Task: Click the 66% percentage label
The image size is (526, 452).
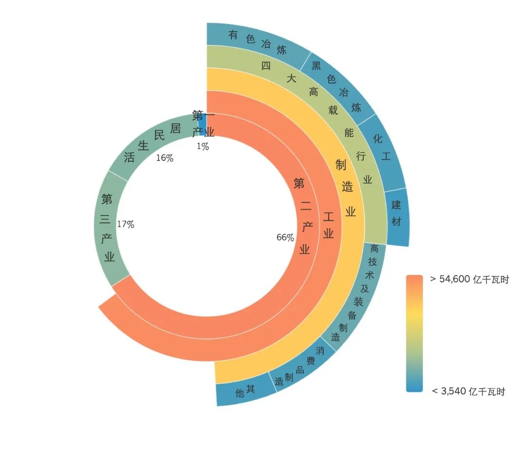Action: pyautogui.click(x=285, y=237)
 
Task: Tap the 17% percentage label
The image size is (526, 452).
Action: pyautogui.click(x=125, y=225)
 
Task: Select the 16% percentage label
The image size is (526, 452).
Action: pyautogui.click(x=164, y=158)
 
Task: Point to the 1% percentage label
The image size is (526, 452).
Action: pyautogui.click(x=203, y=146)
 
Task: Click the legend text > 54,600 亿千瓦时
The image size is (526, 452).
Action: pyautogui.click(x=470, y=279)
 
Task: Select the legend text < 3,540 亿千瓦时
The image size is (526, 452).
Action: pyautogui.click(x=468, y=391)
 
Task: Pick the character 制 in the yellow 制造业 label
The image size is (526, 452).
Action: pyautogui.click(x=340, y=165)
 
